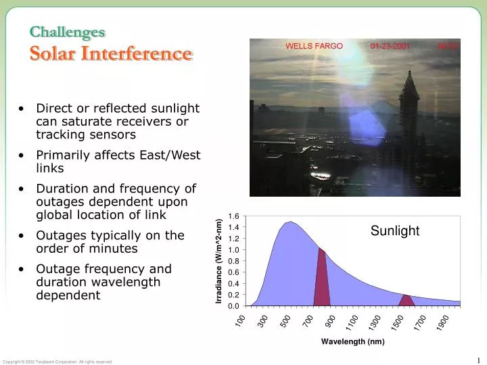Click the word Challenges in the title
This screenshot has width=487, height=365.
pos(67,32)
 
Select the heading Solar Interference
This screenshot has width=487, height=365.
pos(110,53)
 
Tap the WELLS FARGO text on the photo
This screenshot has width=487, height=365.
pos(314,47)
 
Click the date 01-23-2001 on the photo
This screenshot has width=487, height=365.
pos(390,47)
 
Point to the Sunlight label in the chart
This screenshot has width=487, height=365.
pos(395,231)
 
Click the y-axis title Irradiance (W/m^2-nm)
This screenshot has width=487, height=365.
pos(219,261)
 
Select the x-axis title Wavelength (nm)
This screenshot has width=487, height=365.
pos(352,341)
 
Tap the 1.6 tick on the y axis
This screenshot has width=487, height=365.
pos(233,216)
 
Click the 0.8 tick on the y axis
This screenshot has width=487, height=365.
pos(233,261)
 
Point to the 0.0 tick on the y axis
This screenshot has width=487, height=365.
pos(233,306)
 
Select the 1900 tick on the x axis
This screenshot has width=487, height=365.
pos(442,322)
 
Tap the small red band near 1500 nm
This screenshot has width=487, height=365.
pos(406,301)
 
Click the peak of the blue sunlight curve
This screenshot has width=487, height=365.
pos(289,222)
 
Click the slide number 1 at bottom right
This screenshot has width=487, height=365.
pos(478,360)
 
